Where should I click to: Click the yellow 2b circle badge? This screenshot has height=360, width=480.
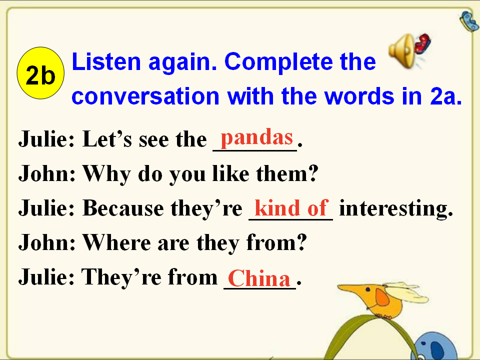click(40, 73)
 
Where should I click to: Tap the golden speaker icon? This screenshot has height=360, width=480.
click(401, 51)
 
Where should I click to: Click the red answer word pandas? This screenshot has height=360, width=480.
click(257, 138)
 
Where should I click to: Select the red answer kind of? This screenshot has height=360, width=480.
click(291, 207)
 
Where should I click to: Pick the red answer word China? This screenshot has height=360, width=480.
click(259, 278)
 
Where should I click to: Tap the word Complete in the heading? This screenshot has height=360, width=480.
click(278, 62)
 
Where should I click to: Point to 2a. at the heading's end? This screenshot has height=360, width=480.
click(445, 96)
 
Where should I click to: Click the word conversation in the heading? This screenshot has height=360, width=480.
click(145, 96)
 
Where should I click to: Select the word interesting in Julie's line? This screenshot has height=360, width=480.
click(396, 209)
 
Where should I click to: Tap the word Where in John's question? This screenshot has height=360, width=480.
click(117, 242)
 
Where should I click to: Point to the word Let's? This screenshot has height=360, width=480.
click(107, 139)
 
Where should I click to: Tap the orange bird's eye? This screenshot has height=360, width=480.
click(367, 289)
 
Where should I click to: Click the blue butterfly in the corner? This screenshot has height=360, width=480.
click(469, 21)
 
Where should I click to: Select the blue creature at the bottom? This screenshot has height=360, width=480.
click(436, 346)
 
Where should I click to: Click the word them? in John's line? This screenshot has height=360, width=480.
click(287, 174)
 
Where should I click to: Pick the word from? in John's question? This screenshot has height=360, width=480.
click(276, 242)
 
